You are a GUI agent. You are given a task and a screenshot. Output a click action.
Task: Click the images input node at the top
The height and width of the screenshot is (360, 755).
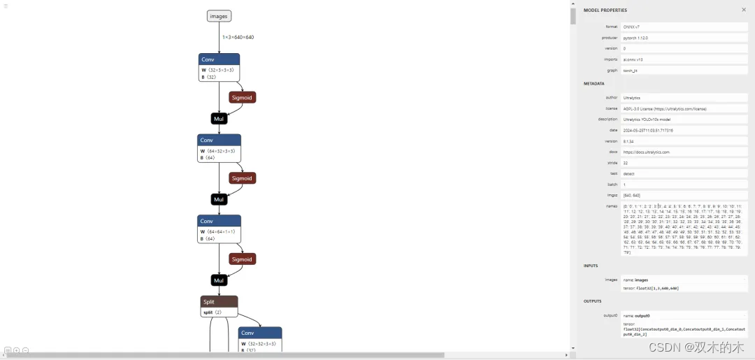[x=219, y=16]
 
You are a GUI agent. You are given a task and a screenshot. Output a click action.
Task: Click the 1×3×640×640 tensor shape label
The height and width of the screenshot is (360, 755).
[x=238, y=37]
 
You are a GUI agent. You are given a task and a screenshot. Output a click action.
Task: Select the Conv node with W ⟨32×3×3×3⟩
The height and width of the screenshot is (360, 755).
[x=219, y=69]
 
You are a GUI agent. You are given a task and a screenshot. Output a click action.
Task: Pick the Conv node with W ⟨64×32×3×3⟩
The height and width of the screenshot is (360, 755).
[x=219, y=149]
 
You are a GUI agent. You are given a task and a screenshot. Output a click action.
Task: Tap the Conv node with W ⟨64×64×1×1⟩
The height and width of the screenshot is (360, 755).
[x=219, y=229]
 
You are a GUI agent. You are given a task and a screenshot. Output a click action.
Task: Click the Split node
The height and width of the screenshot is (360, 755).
[x=219, y=306]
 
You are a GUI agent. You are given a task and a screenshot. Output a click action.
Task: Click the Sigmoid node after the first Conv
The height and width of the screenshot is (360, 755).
[x=242, y=97]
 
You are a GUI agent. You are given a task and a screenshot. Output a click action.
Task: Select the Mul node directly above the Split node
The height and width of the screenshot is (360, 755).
[x=219, y=280]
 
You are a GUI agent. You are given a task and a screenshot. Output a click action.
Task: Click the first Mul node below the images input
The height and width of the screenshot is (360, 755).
[x=219, y=119]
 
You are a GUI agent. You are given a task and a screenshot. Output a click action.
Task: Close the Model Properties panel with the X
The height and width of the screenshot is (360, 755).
[x=743, y=10]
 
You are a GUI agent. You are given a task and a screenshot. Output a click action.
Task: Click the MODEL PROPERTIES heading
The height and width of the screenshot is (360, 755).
[x=605, y=10]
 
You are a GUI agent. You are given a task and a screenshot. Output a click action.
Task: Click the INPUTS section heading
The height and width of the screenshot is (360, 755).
[x=591, y=266]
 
